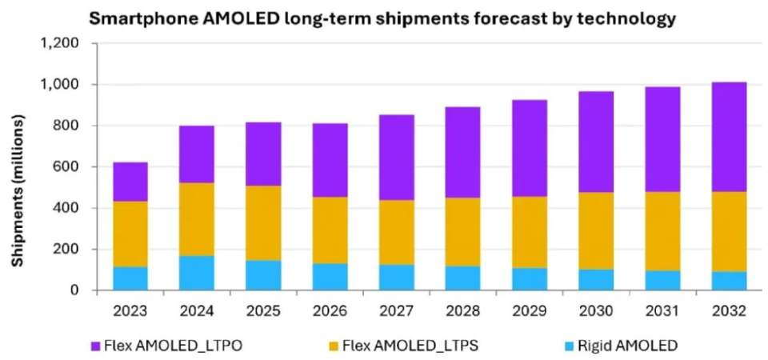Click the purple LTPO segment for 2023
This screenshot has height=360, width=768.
pyautogui.click(x=130, y=182)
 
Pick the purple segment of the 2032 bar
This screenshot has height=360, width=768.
pyautogui.click(x=729, y=137)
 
